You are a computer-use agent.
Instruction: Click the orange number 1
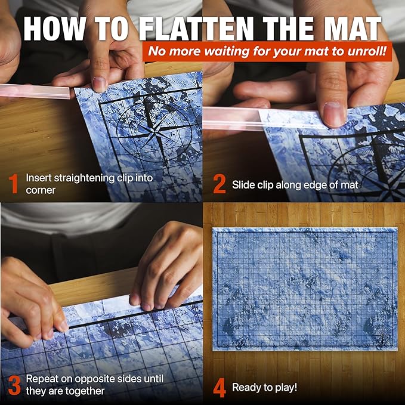(x=13, y=184)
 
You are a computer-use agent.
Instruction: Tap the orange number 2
(x=219, y=184)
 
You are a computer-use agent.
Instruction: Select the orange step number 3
(x=14, y=385)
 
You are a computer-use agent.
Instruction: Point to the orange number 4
(x=219, y=388)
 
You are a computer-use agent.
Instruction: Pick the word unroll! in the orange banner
(x=367, y=51)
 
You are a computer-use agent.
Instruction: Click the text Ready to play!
(x=264, y=388)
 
